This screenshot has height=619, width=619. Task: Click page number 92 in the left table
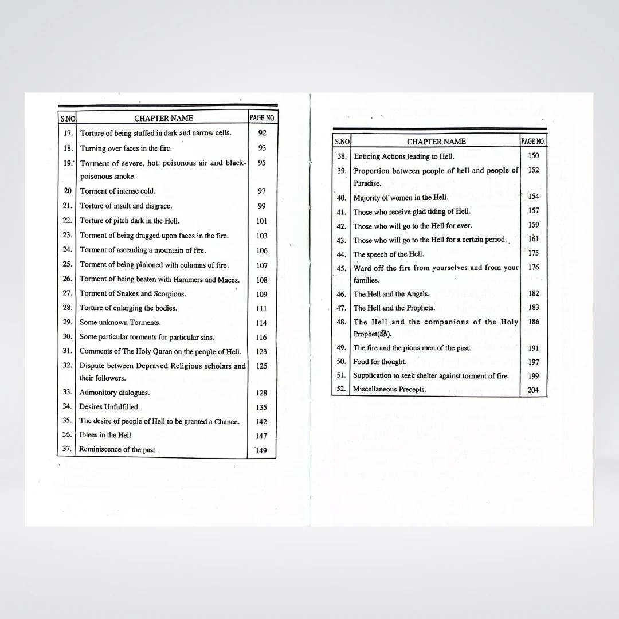click(262, 133)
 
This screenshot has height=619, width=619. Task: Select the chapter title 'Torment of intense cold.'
click(117, 191)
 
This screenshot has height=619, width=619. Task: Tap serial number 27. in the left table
click(67, 293)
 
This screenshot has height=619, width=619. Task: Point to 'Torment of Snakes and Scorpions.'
click(132, 293)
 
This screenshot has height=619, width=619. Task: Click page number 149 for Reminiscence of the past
click(261, 450)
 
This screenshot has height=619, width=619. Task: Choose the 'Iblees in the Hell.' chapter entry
click(106, 435)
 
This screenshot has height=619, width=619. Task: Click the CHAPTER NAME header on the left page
click(163, 118)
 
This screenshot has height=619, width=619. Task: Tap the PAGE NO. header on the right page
click(533, 141)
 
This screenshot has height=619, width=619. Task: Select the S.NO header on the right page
click(342, 142)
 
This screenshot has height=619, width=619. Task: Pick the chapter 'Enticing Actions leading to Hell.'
click(404, 156)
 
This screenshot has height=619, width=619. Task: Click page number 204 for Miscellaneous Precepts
click(533, 390)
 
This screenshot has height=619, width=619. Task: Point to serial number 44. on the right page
click(342, 254)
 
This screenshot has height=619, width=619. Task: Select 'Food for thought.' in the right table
click(380, 362)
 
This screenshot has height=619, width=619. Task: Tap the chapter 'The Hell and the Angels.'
click(391, 294)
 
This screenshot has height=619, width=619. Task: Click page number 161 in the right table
click(534, 239)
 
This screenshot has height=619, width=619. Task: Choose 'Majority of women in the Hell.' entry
click(401, 198)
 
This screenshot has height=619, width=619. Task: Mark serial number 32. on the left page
click(67, 365)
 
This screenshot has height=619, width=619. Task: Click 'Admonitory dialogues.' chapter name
click(114, 393)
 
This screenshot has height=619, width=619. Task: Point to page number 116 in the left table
click(261, 338)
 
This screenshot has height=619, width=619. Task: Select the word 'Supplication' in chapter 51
click(371, 375)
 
